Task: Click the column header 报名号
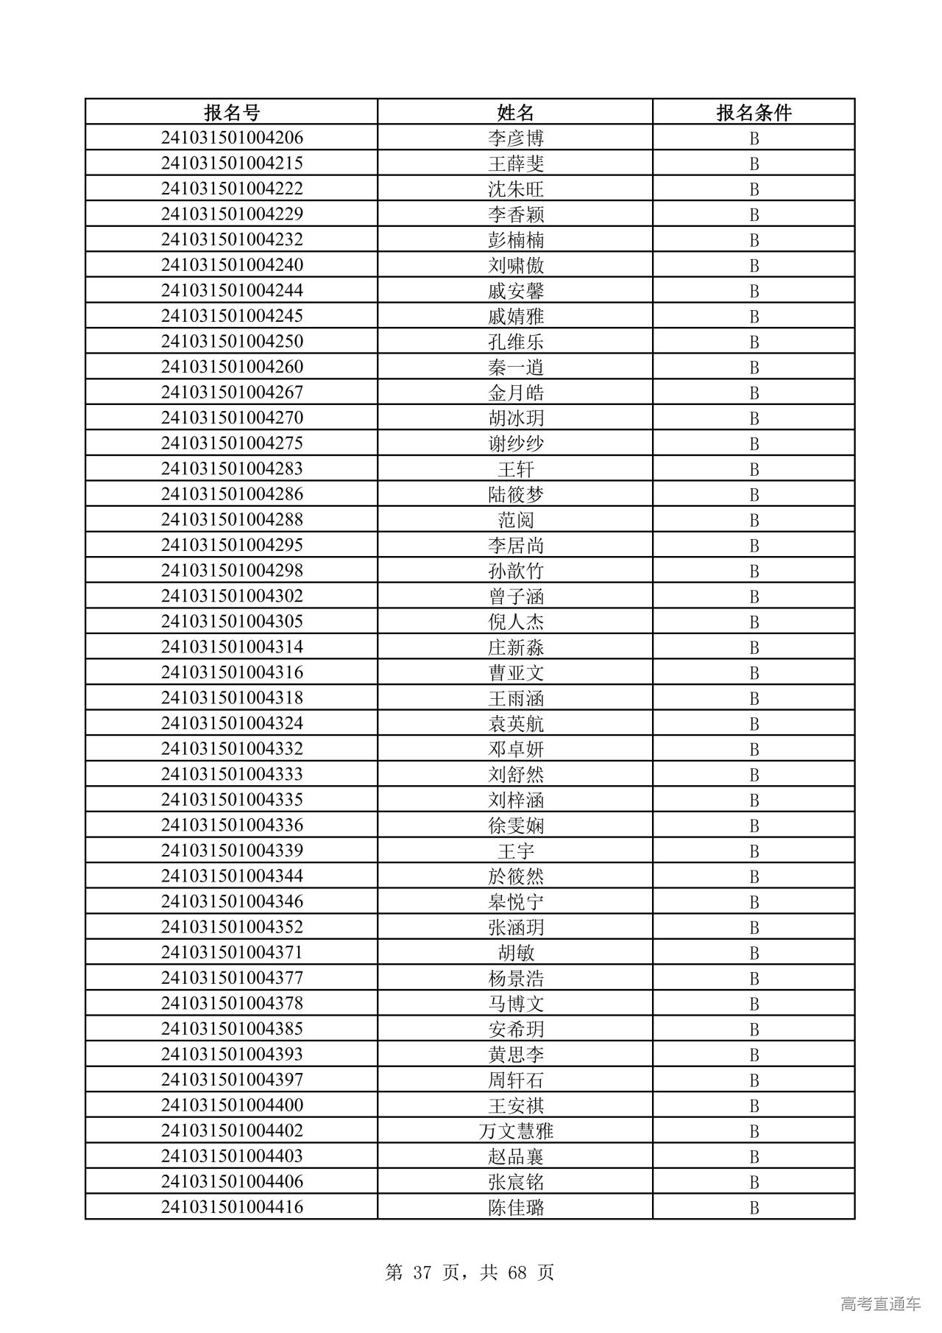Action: [x=232, y=112]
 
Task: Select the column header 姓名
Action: [x=515, y=112]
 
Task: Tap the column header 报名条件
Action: [x=754, y=112]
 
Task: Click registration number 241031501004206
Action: [x=232, y=138]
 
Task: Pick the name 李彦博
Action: [x=515, y=138]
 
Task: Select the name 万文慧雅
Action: [x=515, y=1130]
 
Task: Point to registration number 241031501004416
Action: [x=232, y=1207]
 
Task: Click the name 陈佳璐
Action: [x=515, y=1207]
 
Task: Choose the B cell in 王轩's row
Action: [x=754, y=469]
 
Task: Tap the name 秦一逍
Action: [x=515, y=367]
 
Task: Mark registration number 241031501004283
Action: [x=232, y=468]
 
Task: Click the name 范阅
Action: [x=515, y=520]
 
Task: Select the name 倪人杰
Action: [x=515, y=622]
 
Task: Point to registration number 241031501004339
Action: [x=232, y=851]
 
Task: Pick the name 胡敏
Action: [x=515, y=952]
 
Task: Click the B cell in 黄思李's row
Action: [x=754, y=1055]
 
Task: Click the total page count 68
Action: [x=517, y=1273]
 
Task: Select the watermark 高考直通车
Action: [x=880, y=1304]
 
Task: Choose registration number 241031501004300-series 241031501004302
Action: [x=232, y=596]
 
